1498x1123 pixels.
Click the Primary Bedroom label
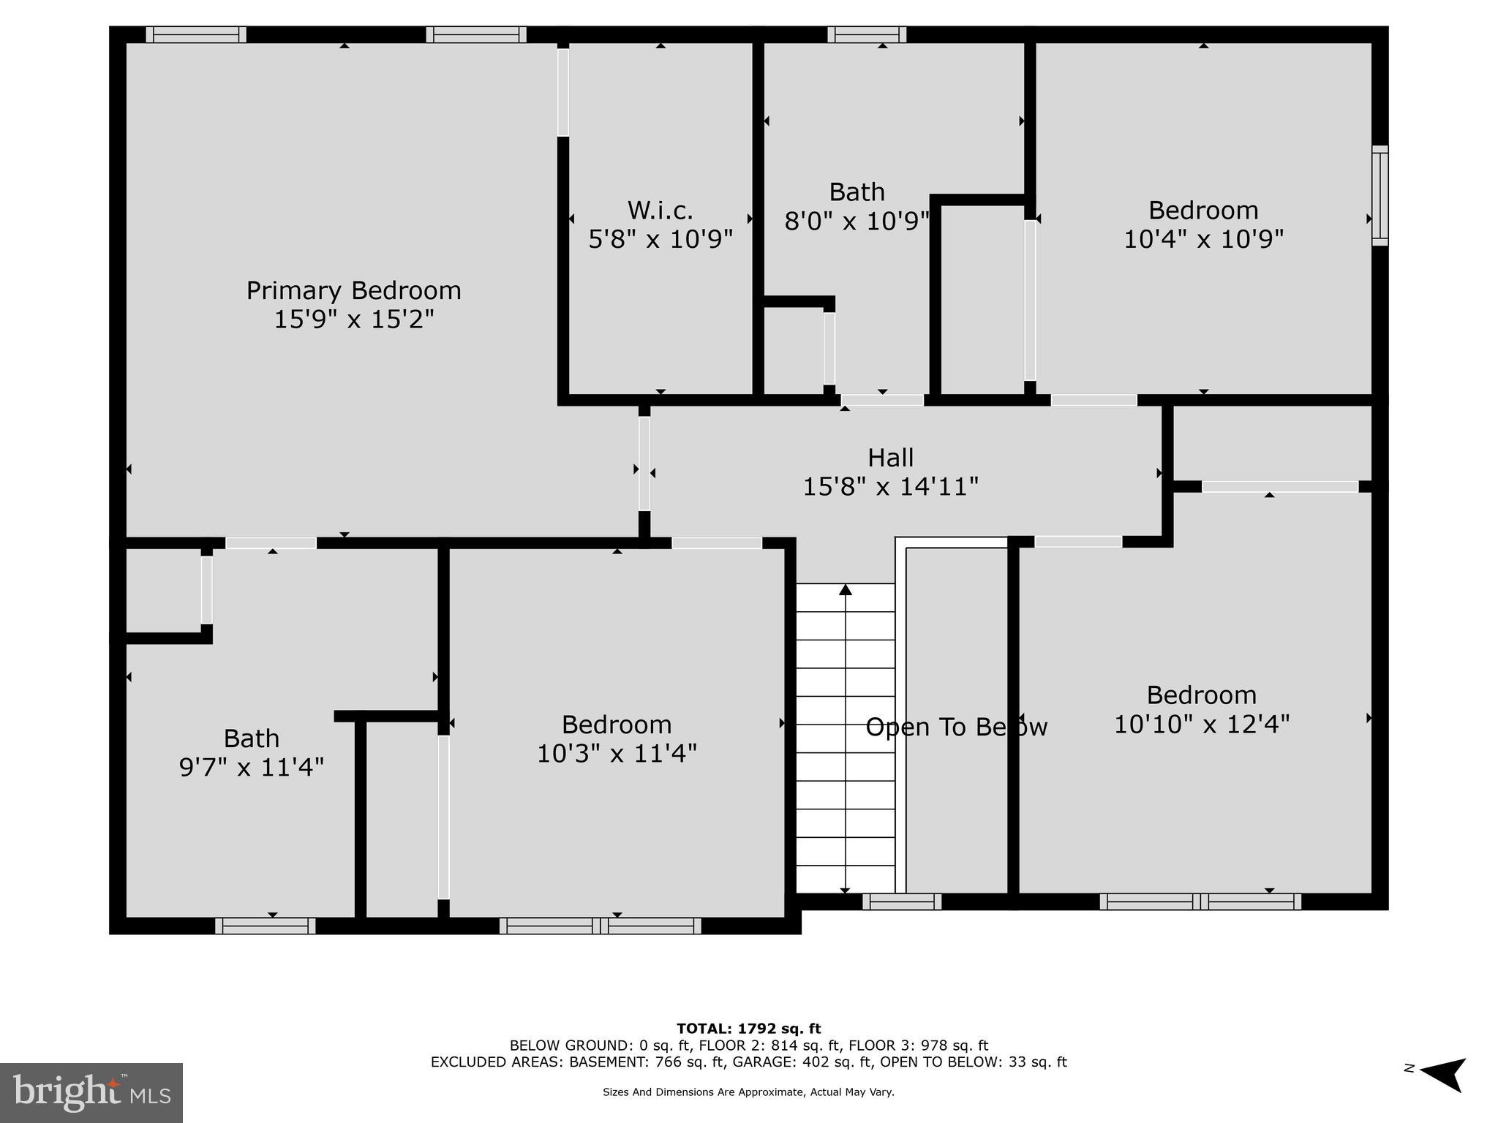coord(353,291)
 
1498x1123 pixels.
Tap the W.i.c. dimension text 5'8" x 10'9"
coord(660,239)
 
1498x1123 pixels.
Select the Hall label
coord(890,458)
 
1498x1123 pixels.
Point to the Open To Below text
coord(956,727)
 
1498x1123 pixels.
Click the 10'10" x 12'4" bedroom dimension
coord(1201,724)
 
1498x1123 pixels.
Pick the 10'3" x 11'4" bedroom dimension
coord(617,753)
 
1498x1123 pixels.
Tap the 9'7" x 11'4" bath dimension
coord(251,767)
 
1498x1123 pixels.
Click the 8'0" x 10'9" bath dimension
coord(857,221)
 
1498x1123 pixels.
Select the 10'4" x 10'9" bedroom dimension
coord(1203,239)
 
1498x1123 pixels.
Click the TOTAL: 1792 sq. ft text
coord(748,1029)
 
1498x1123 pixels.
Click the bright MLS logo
coord(91,1092)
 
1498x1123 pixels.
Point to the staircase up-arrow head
coord(846,589)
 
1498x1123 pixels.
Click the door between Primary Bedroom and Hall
coord(644,464)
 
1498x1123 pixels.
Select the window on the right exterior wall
coord(1380,195)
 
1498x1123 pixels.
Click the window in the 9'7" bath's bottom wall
coord(266,926)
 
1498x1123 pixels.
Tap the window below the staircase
coord(902,901)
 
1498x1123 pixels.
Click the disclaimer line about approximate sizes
coord(748,1092)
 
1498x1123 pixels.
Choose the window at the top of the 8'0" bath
coord(867,34)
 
